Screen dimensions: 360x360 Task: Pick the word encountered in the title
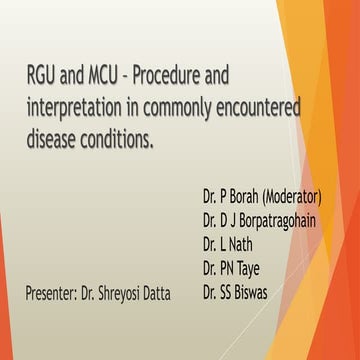click(265, 107)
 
